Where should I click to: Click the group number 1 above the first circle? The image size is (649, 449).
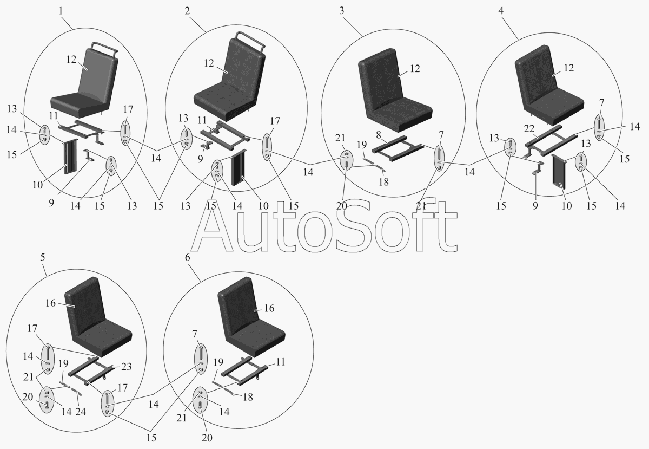click(x=61, y=10)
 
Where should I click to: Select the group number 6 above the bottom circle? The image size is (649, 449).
click(x=187, y=257)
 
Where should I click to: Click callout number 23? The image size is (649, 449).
click(x=126, y=366)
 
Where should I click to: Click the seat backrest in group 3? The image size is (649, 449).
click(x=381, y=81)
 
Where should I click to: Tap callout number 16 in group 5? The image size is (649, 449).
click(x=50, y=304)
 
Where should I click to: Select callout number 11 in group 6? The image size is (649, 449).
click(x=281, y=362)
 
